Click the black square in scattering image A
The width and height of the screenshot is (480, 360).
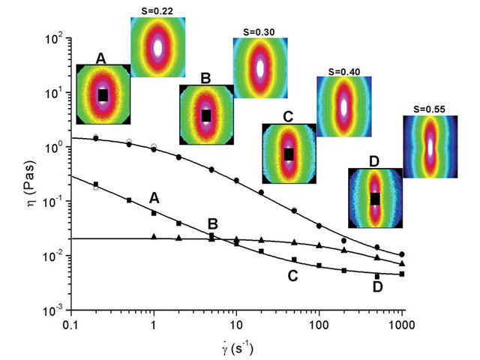pos(103,94)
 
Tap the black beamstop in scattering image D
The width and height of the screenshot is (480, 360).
pos(376,198)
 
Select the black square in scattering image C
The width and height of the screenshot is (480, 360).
pos(289,154)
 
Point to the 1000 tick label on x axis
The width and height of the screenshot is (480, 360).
pos(402,325)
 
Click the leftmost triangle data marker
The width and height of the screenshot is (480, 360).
pos(154,237)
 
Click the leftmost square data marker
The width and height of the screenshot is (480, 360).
pos(96,184)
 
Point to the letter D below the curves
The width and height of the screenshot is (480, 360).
pos(379,287)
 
